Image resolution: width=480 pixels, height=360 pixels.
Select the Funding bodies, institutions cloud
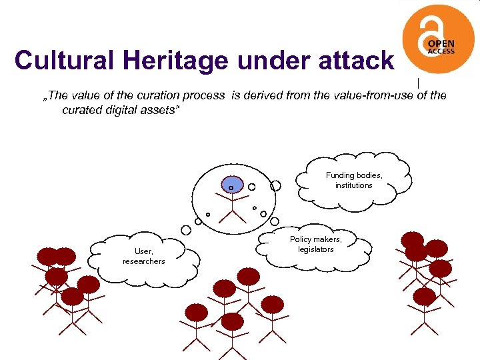(x=354, y=180)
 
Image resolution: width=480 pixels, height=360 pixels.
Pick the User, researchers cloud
(x=143, y=256)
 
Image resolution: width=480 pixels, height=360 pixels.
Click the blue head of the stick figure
(x=231, y=186)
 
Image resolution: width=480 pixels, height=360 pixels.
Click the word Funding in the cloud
(x=340, y=175)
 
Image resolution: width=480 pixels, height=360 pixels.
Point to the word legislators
(x=315, y=249)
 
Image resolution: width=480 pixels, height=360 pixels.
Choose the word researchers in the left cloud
(x=143, y=261)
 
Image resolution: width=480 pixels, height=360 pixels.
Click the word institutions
(x=354, y=185)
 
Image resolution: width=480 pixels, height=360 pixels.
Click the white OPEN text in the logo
(x=441, y=43)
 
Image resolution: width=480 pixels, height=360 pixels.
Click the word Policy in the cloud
(x=302, y=239)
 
